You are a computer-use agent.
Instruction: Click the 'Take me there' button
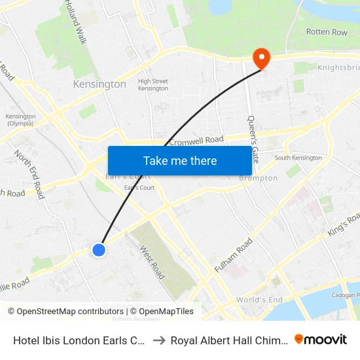tap(180, 160)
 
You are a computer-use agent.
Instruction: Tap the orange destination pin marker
tap(261, 58)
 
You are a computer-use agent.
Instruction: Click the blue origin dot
tap(99, 249)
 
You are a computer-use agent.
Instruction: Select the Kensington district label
tap(99, 84)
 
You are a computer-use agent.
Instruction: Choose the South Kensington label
tap(298, 158)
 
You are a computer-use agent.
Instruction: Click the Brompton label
tap(258, 178)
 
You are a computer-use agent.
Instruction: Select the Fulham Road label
tap(234, 256)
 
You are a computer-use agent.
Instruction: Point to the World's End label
tap(259, 300)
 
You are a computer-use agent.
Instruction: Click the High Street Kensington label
tap(153, 84)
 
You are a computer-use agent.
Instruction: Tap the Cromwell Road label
tap(196, 140)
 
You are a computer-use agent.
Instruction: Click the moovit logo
tap(320, 339)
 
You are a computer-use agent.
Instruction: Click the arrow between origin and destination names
tap(159, 340)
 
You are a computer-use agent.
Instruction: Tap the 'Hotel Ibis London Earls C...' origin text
tap(79, 340)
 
